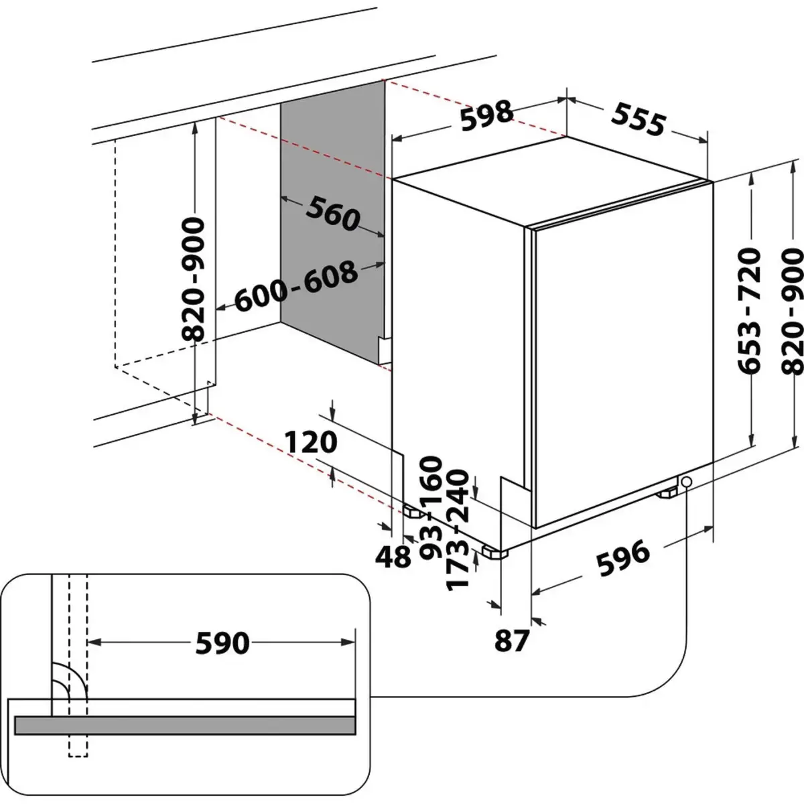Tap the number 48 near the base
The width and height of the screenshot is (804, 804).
pyautogui.click(x=393, y=555)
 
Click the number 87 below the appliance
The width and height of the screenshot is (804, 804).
pyautogui.click(x=512, y=641)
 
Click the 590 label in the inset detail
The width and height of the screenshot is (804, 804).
pyautogui.click(x=222, y=644)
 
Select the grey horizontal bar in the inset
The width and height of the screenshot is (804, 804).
pyautogui.click(x=185, y=725)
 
